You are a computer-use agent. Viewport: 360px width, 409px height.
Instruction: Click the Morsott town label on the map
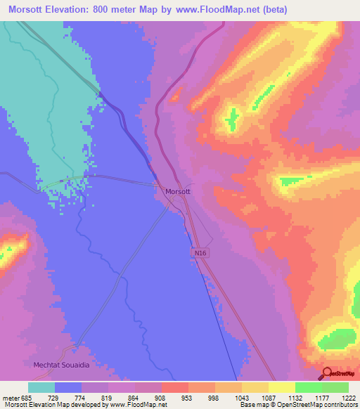[177, 191]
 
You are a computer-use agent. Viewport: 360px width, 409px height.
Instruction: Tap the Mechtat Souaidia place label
[63, 365]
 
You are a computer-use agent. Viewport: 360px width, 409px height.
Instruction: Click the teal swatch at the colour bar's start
[41, 387]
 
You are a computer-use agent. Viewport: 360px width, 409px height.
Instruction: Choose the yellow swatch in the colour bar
[282, 387]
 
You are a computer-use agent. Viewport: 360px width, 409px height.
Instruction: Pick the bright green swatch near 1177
[309, 387]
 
